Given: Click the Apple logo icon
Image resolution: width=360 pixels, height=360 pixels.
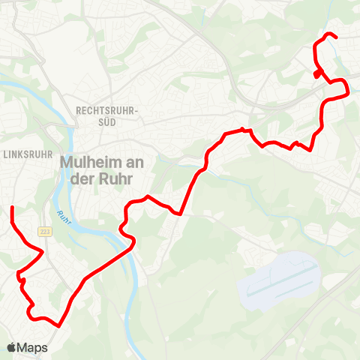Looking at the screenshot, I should click(12, 348).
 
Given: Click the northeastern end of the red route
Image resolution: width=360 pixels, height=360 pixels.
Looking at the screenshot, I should click(335, 37).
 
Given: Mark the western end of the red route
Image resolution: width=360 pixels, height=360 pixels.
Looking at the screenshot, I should click(12, 207).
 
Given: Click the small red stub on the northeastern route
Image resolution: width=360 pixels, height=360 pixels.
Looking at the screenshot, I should click(317, 74).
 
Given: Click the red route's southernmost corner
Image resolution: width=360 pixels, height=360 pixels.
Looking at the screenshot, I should click(58, 325).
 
